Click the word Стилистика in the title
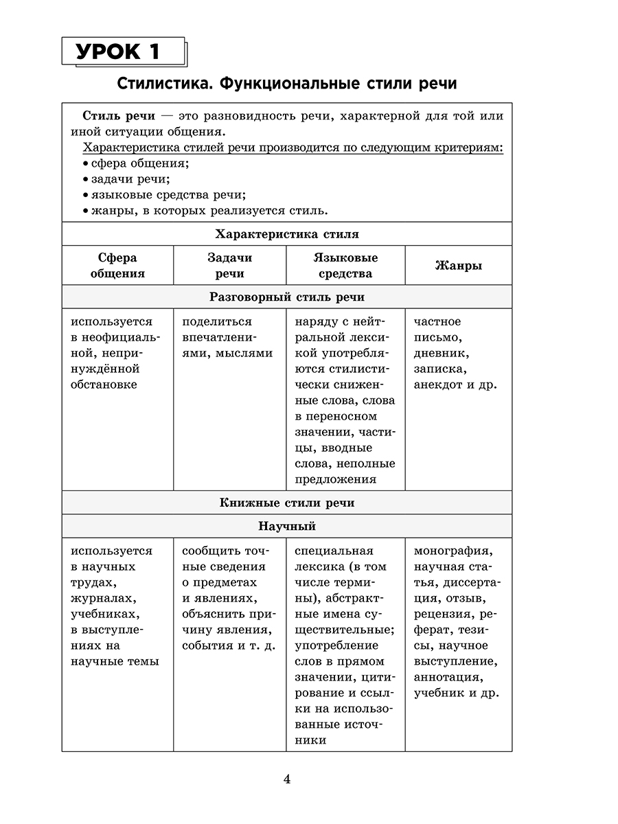(159, 84)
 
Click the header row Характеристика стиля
(286, 234)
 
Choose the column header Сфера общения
(117, 265)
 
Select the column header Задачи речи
(229, 265)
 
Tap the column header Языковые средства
(345, 265)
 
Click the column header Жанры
(458, 265)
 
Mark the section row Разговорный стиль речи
(286, 297)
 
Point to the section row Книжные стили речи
(286, 503)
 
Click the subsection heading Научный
(286, 527)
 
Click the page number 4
(287, 779)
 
